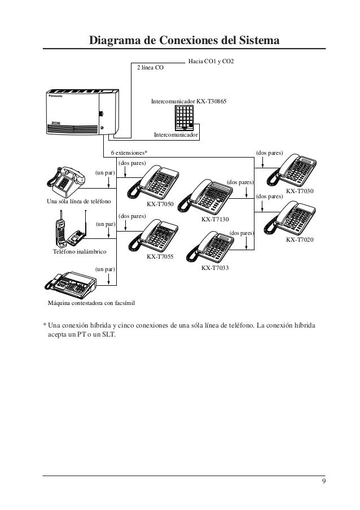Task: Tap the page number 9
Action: point(323,481)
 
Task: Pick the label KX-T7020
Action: point(300,241)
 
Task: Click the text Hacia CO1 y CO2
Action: point(210,60)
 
